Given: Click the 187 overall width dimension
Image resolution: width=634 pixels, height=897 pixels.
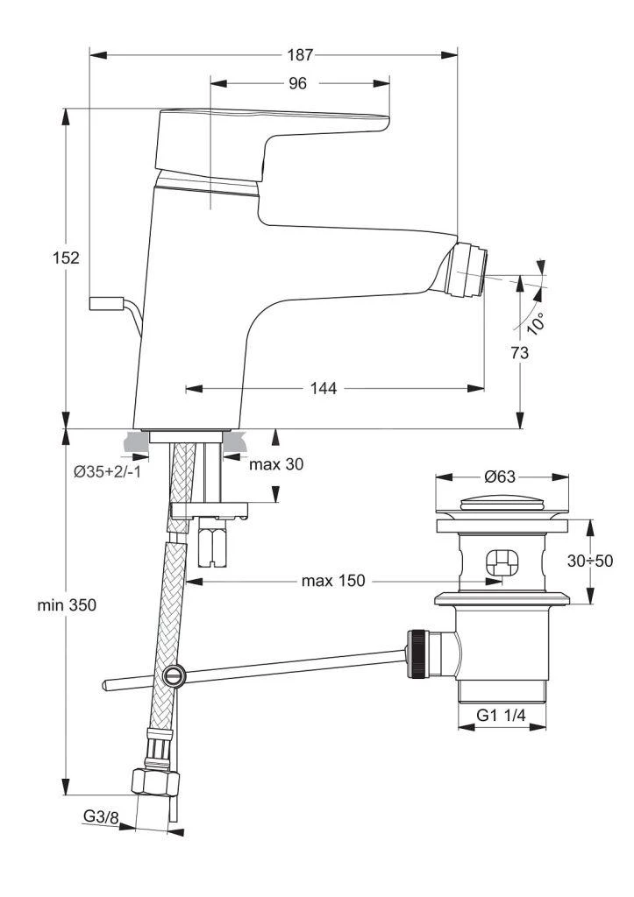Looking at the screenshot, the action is point(300,55).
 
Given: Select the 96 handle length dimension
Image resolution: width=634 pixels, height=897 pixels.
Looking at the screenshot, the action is point(297,83).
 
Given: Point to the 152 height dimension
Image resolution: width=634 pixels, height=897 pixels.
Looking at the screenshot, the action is point(66,258).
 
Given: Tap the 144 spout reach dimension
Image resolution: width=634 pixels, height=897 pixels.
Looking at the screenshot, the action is point(324,388).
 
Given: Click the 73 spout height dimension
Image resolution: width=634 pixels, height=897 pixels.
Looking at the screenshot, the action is point(519,353).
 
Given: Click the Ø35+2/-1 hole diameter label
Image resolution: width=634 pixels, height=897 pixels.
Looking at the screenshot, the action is point(107,472).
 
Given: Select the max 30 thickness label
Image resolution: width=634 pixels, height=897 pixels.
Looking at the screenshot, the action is point(276,464).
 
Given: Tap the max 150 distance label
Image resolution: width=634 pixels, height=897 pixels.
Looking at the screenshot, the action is point(332,581).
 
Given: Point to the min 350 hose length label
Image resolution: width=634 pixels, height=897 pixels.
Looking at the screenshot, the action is point(67,604).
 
